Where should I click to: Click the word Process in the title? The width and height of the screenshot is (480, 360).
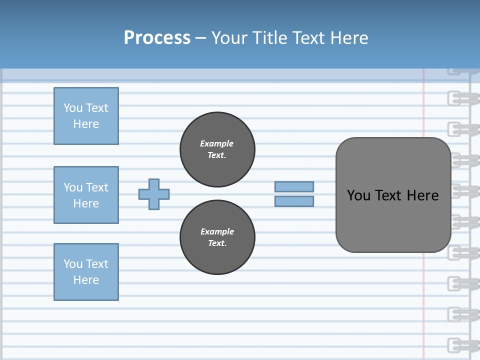point(157,38)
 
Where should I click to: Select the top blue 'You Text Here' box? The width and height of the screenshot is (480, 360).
point(86,116)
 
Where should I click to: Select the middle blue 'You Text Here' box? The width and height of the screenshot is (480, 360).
point(86,195)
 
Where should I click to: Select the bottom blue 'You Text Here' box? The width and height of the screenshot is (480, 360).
point(86,272)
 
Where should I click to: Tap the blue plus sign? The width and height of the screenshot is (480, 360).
point(154,194)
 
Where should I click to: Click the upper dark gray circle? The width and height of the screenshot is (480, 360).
point(217,149)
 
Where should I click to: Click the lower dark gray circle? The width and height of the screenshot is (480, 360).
point(217,237)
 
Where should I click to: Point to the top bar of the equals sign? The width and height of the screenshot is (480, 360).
point(294,186)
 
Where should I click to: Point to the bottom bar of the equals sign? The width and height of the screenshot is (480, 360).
point(294,201)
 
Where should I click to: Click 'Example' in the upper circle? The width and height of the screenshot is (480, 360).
point(217,143)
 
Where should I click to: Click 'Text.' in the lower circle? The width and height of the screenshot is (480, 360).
point(217,243)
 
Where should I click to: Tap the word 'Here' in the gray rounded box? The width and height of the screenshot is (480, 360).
point(422,195)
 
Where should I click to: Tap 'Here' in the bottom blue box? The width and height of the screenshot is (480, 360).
point(86,280)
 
